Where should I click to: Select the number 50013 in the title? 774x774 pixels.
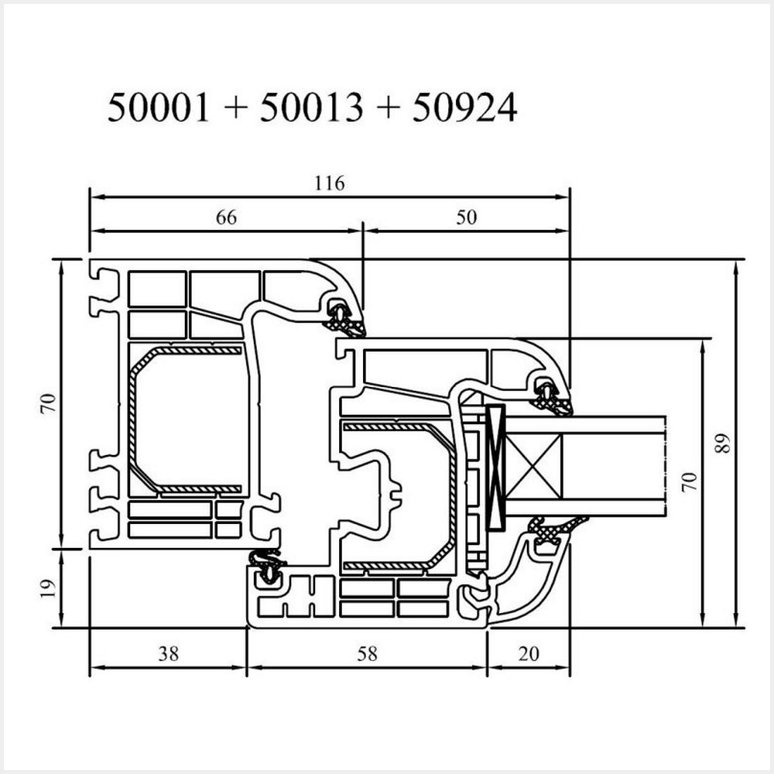click(310, 108)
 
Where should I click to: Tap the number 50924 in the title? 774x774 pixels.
click(464, 108)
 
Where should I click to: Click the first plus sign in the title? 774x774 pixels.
click(234, 109)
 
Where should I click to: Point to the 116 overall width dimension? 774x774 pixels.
click(329, 183)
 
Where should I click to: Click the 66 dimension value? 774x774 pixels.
click(225, 217)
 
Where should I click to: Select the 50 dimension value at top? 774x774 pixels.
click(466, 217)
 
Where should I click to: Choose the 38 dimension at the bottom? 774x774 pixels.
click(168, 653)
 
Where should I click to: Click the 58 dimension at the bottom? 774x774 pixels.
click(367, 653)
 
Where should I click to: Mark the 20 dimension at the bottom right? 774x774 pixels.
click(529, 653)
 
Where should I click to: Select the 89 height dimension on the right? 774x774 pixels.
click(724, 444)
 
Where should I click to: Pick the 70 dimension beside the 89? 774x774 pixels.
click(691, 481)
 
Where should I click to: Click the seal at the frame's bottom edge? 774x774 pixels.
click(267, 567)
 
